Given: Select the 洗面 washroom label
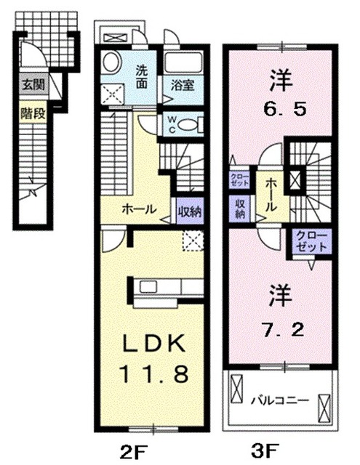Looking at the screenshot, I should [143, 75].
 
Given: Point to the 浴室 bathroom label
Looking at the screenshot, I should [183, 84].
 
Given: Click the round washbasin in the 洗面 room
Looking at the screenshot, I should [112, 62].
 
